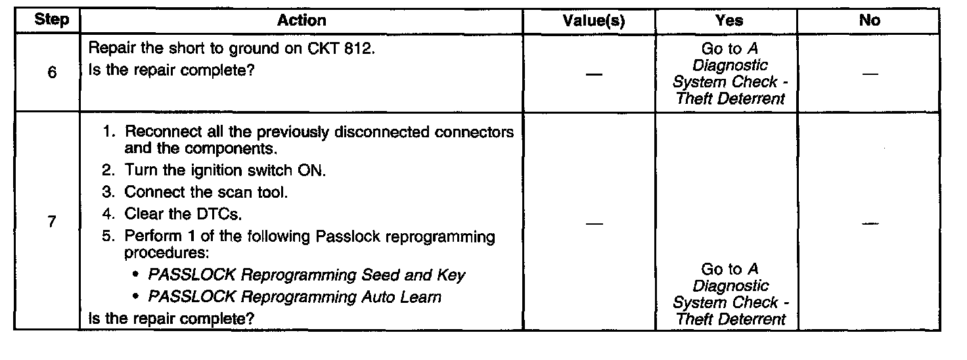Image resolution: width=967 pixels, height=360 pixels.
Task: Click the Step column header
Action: pos(51,20)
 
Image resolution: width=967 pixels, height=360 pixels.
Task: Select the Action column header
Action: pos(302,20)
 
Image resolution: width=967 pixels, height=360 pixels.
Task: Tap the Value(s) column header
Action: pos(594,20)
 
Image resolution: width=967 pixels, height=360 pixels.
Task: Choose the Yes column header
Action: pos(729,20)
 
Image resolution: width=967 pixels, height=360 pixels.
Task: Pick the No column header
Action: pos(869,20)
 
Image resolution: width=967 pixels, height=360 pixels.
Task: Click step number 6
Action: pos(52,73)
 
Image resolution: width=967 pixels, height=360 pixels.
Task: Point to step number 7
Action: pos(52,222)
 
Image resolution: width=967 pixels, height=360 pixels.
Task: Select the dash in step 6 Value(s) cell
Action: pos(593,74)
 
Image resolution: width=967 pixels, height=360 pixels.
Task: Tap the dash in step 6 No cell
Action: pos(870,74)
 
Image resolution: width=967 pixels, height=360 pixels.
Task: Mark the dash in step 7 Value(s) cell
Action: pos(593,224)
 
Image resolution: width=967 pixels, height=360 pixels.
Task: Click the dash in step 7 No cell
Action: pos(870,224)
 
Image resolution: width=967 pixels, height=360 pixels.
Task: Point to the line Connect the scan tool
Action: pos(206,192)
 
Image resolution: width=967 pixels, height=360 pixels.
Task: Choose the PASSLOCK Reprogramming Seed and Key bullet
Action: pos(307,275)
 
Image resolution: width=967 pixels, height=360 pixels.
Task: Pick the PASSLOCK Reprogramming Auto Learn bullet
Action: pos(295,297)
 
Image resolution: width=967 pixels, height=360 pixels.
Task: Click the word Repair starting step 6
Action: pos(108,50)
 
